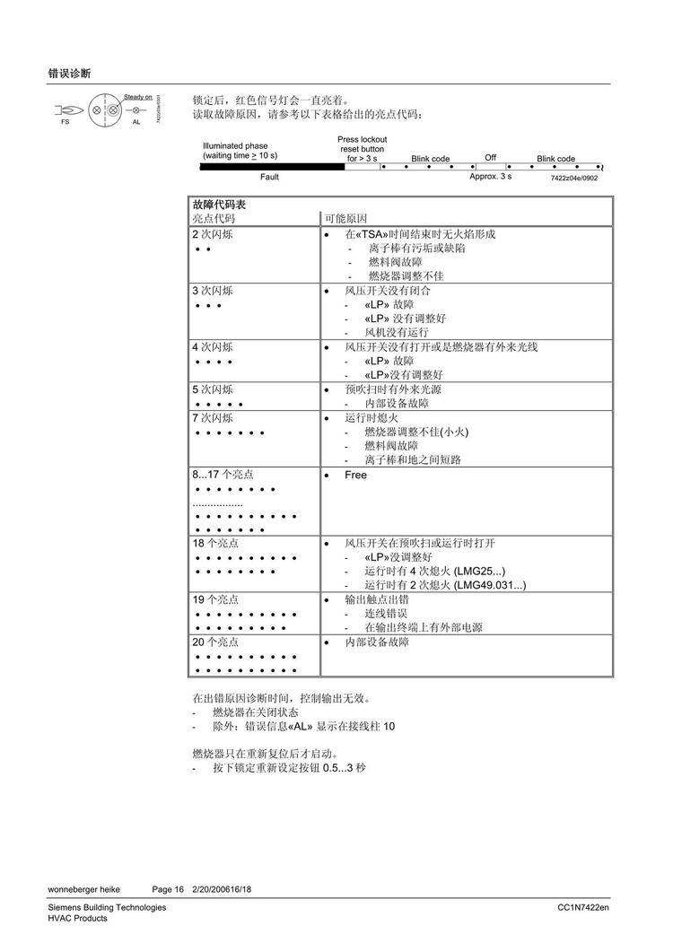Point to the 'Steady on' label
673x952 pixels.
pos(138,97)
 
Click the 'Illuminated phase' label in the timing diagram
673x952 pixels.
pos(235,145)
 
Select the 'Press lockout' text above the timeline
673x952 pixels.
pos(362,140)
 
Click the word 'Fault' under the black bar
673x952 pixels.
pos(269,177)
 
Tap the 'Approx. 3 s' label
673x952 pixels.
pos(490,177)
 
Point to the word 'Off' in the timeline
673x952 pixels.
pos(490,158)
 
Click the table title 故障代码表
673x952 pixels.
pos(214,205)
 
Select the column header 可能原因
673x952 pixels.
pos(345,218)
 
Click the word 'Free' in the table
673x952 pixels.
pos(355,475)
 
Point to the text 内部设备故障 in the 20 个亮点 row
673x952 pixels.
pos(377,643)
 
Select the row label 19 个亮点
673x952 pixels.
pos(215,598)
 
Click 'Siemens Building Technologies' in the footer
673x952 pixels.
pos(107,908)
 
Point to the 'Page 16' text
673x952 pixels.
pos(168,889)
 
